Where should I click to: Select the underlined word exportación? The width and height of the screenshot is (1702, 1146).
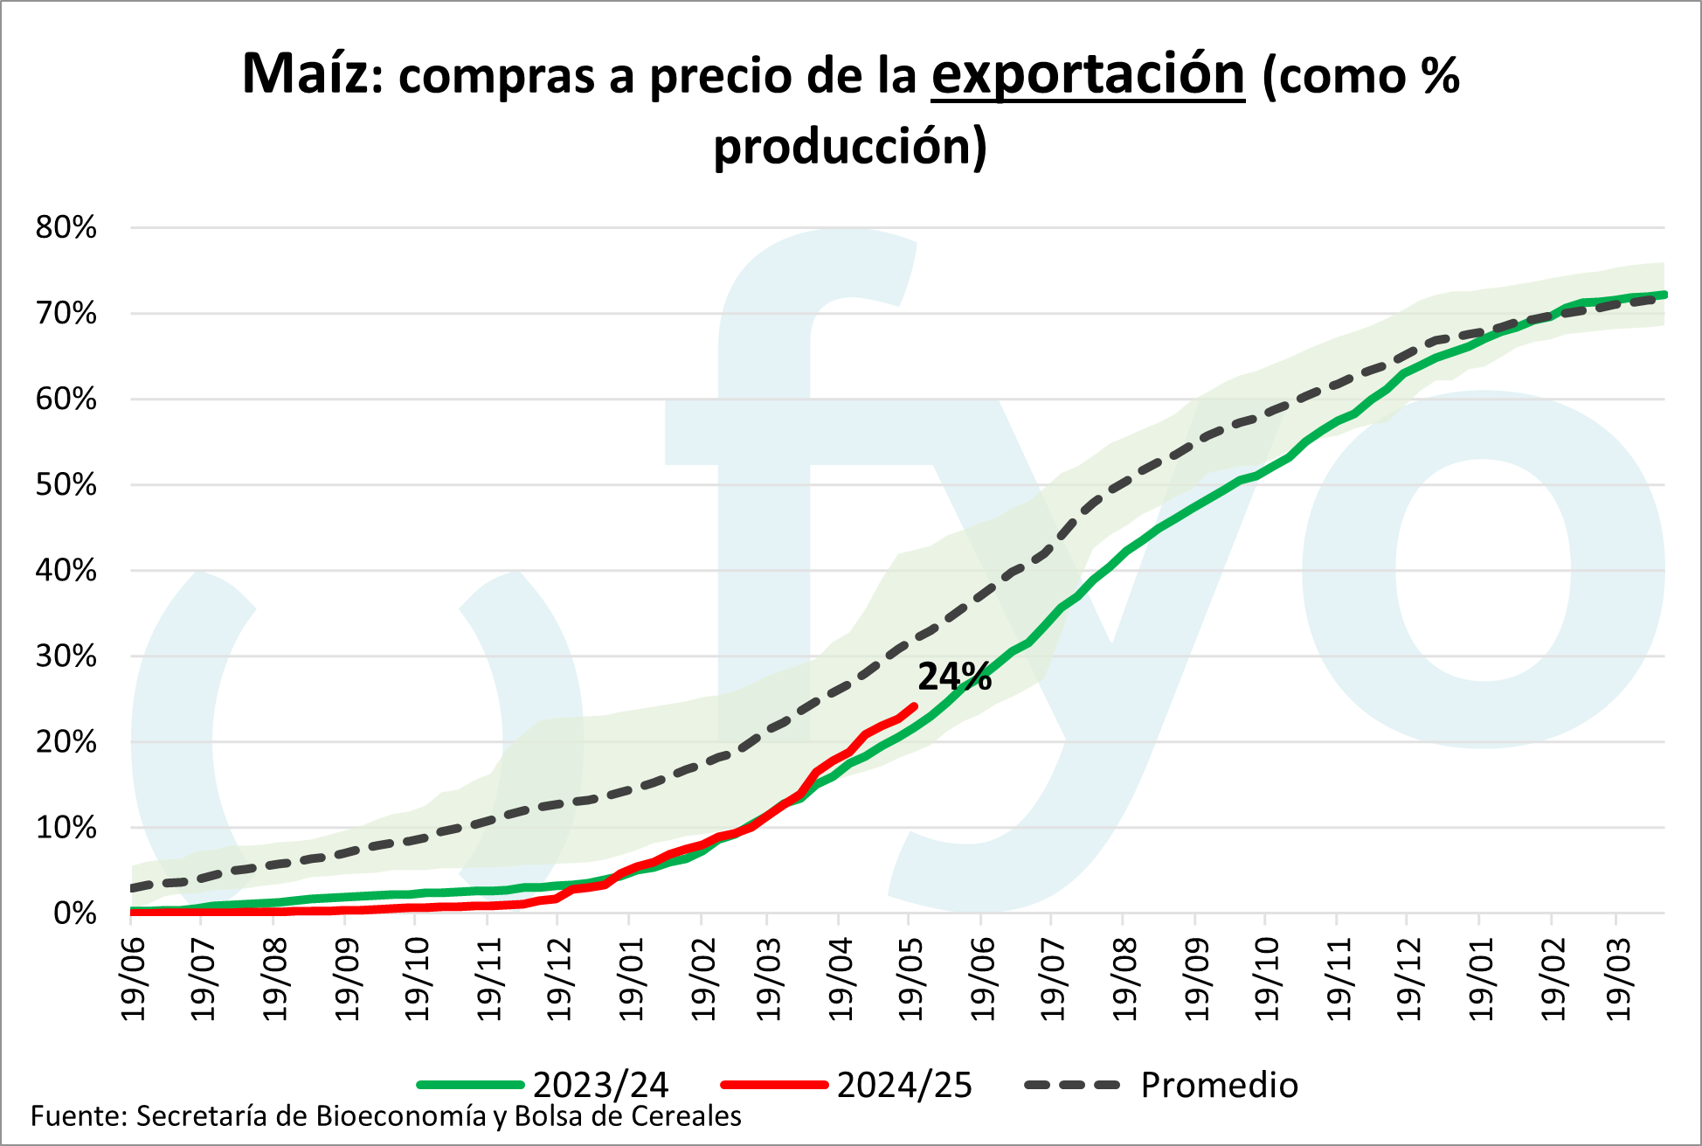tap(1088, 75)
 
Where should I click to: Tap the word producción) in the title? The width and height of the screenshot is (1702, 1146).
tap(850, 146)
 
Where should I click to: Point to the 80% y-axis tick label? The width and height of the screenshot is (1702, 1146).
tap(66, 228)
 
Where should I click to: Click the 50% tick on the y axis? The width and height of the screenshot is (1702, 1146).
tap(66, 485)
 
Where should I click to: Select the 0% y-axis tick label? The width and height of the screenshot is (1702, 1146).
tap(75, 913)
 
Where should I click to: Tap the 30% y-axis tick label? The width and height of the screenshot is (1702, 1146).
tap(66, 656)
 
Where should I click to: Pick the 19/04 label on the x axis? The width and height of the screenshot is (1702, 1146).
tap(840, 978)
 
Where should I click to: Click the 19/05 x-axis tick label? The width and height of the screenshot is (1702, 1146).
tap(910, 978)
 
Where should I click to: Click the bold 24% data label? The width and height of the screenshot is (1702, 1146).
tap(954, 677)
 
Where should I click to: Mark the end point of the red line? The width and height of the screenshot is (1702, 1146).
tap(914, 705)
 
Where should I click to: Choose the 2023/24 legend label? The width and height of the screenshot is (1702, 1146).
tap(600, 1085)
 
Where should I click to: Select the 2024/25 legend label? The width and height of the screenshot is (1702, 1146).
tap(904, 1085)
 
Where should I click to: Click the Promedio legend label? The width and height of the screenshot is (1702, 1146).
tap(1220, 1085)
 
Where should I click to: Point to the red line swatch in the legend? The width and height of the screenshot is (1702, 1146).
tap(774, 1085)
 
